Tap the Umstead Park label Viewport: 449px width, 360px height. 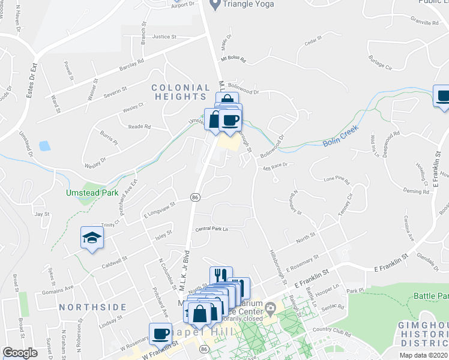90,193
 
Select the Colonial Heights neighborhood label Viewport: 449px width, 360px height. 181,92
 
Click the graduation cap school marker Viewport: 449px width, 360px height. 91,238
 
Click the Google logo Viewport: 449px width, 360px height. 20,353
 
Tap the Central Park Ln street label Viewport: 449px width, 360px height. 211,229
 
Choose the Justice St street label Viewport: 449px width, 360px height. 164,37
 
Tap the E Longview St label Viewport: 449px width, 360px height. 158,209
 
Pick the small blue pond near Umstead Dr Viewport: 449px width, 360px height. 44,146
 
